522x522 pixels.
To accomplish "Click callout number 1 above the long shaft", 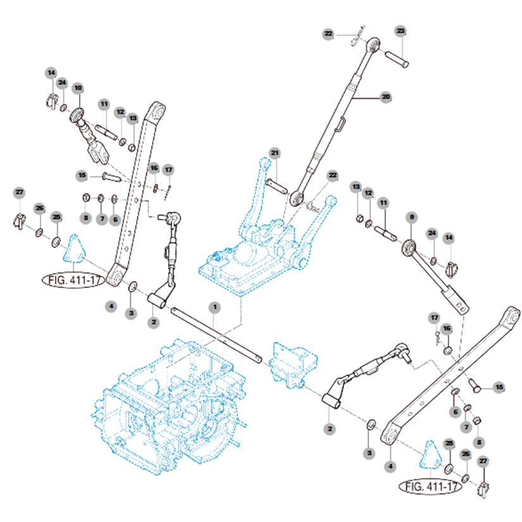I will (214, 307).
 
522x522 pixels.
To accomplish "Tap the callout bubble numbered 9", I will (411, 217).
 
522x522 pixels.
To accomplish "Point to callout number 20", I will (385, 97).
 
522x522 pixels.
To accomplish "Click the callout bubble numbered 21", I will (275, 154).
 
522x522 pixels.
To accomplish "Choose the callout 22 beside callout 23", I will (328, 34).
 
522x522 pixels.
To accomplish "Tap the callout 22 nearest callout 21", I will (332, 175).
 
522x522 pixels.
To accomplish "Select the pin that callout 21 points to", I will (278, 187).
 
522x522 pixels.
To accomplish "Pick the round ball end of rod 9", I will (409, 247).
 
